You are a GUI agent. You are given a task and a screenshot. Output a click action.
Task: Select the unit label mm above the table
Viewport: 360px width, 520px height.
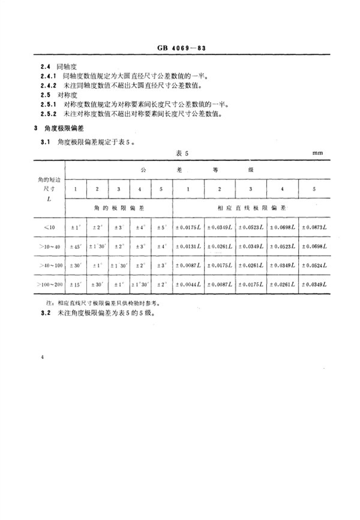tap(317, 153)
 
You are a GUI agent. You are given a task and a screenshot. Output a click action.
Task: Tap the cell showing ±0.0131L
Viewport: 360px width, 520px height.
tap(188, 247)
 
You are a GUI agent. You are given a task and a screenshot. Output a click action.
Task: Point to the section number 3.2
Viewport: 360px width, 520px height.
tap(43, 314)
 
